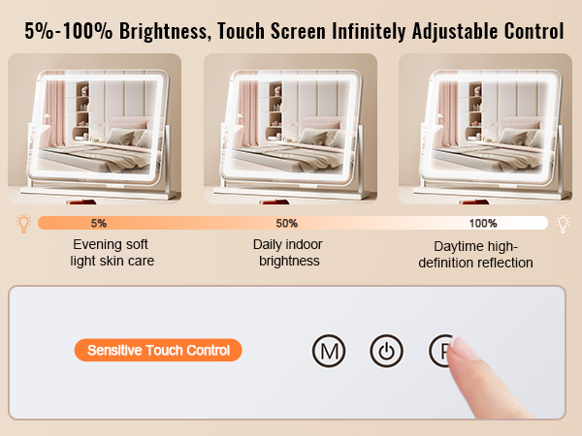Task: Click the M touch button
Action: click(329, 351)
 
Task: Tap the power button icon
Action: click(386, 351)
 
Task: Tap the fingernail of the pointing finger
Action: click(463, 348)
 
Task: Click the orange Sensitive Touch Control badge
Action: click(158, 350)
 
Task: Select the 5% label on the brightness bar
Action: click(99, 223)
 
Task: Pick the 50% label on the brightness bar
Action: click(286, 223)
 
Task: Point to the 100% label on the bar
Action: click(483, 223)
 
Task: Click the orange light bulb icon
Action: click(23, 224)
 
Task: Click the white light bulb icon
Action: click(563, 224)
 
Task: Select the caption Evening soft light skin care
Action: click(112, 253)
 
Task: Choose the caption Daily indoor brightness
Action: click(288, 253)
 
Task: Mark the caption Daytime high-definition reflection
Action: click(475, 254)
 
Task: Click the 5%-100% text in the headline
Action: click(68, 31)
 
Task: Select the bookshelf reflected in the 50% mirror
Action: click(275, 110)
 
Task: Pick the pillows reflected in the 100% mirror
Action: click(517, 138)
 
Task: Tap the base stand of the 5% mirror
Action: click(99, 193)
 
